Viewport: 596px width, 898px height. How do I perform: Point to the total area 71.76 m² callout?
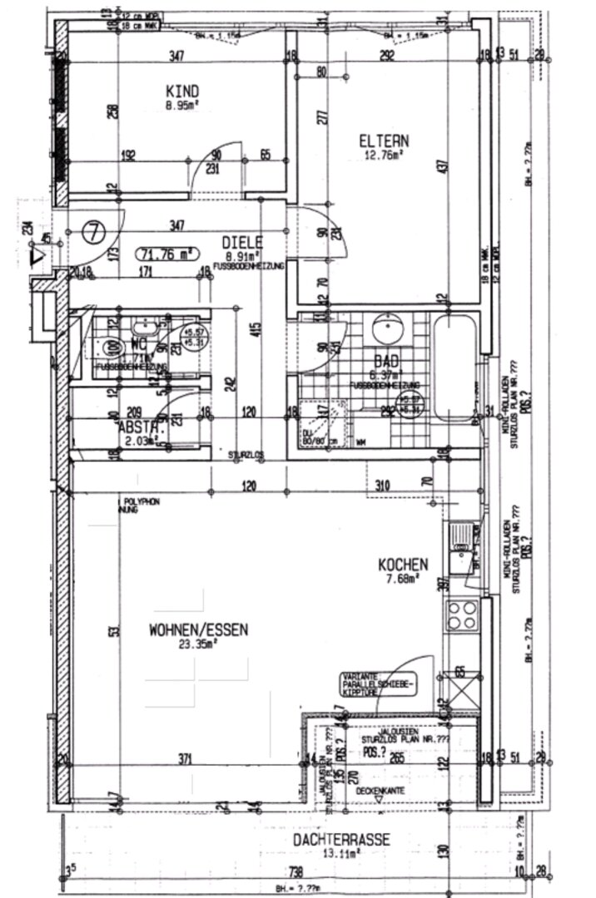coord(164,254)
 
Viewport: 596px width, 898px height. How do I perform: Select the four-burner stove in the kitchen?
coord(462,616)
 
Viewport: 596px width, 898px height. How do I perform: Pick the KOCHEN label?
coord(403,564)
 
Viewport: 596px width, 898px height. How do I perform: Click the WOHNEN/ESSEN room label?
coord(198,630)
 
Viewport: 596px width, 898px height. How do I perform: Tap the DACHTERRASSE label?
coord(341,840)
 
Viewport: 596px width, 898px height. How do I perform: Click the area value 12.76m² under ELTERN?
coord(384,154)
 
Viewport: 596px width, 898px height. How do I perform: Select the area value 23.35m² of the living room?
coord(198,644)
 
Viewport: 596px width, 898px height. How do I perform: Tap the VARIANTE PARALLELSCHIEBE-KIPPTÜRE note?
coord(376,683)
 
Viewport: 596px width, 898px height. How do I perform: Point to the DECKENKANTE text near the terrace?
coord(379,792)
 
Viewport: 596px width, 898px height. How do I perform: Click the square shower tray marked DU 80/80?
coord(315,422)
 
